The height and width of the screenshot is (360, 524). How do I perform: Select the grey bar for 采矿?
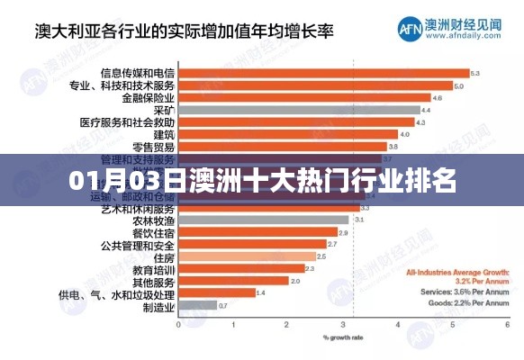tap(297, 110)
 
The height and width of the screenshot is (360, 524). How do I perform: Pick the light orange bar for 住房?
tap(247, 256)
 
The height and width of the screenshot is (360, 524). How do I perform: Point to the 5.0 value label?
tap(458, 85)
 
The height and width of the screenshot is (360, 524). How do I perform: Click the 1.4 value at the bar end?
tap(261, 292)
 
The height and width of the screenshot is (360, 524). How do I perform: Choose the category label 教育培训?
tap(155, 268)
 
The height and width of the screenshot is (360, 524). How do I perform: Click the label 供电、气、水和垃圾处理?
tap(117, 293)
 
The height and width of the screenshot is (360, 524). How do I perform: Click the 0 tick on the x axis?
tap(177, 325)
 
